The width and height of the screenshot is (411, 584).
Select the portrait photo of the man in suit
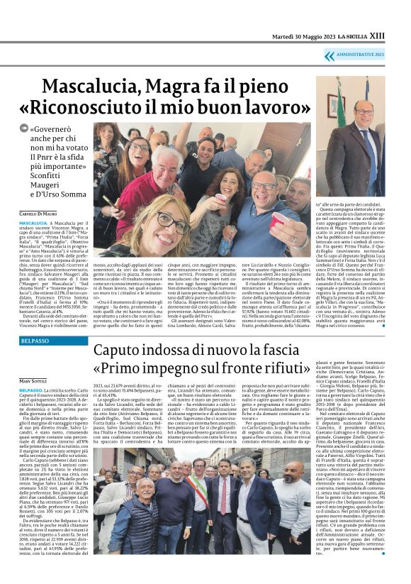coord(358,138)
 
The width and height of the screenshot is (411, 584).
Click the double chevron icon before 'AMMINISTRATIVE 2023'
coord(329,55)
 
